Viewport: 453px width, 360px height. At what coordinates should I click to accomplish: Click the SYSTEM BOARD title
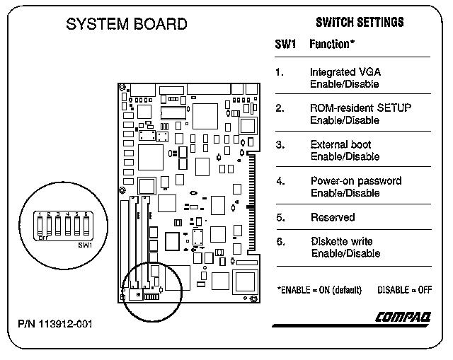point(127,25)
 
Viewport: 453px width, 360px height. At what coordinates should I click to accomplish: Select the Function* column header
point(331,45)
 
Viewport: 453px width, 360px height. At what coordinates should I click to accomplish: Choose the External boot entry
point(340,145)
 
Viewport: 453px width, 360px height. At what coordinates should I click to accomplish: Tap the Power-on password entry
point(355,181)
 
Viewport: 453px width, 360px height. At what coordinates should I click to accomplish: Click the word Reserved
point(333,217)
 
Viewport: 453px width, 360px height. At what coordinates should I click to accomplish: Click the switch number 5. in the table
point(280,217)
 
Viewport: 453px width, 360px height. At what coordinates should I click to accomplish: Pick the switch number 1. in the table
point(280,72)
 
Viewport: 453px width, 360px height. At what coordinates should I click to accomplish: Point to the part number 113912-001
point(55,325)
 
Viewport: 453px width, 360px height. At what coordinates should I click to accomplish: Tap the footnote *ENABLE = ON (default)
point(319,290)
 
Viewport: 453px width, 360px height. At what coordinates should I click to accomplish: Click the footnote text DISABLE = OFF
point(405,290)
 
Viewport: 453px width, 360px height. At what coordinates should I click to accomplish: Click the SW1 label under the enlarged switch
point(86,245)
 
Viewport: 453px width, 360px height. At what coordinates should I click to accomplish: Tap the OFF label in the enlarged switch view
point(43,238)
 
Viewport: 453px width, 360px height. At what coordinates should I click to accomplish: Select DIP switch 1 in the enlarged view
point(41,226)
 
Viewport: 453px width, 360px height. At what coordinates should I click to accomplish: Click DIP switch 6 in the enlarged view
point(86,226)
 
